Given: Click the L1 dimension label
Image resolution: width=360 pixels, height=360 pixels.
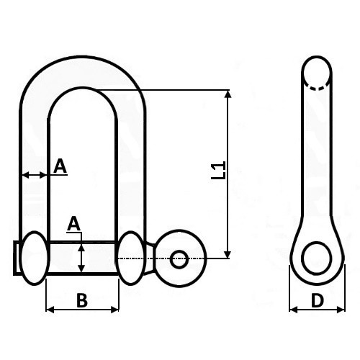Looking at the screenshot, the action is (x=219, y=170).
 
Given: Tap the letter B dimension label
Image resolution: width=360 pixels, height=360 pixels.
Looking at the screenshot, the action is (x=82, y=300).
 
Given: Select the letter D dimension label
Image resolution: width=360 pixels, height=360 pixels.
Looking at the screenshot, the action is (x=318, y=300).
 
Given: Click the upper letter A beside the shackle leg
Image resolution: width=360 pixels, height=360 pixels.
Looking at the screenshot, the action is (x=60, y=166).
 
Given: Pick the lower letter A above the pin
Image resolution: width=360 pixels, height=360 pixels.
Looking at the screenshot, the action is (x=73, y=225).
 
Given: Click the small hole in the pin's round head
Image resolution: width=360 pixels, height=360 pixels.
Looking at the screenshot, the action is (x=179, y=259).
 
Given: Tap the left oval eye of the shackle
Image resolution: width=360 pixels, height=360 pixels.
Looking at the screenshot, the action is (x=35, y=258).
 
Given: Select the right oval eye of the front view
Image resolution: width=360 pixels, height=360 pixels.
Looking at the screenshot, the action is (x=131, y=258).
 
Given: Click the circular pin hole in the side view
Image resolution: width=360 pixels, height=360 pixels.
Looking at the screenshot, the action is (x=317, y=258).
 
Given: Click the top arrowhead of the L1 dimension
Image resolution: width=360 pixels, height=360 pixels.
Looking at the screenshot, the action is (x=228, y=94).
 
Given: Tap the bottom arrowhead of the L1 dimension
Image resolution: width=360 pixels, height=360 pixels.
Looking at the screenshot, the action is (x=228, y=254).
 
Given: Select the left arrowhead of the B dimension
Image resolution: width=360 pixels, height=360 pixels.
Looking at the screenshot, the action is (x=50, y=310).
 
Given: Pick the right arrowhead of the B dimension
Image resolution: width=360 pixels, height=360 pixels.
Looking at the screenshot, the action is (x=115, y=310).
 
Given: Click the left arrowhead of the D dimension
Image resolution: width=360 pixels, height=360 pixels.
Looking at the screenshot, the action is (x=293, y=310).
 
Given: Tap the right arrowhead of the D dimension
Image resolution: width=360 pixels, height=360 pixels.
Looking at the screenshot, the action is (x=341, y=310).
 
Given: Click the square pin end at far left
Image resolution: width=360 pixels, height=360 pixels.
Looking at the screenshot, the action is (x=17, y=258).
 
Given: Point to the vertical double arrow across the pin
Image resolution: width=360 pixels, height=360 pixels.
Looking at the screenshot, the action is (x=82, y=258).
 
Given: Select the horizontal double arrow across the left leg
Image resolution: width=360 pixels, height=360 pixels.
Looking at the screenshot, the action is (x=34, y=175).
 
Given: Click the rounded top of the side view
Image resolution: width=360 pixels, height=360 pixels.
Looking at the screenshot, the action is (x=317, y=58).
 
